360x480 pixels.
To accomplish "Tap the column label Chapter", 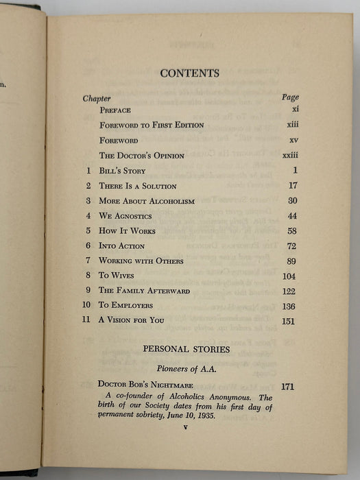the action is pos(97,98).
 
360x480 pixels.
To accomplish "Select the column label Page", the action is pos(290,97).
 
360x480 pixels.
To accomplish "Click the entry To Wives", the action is pos(117,276).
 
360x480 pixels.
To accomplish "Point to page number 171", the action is pos(287,387).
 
